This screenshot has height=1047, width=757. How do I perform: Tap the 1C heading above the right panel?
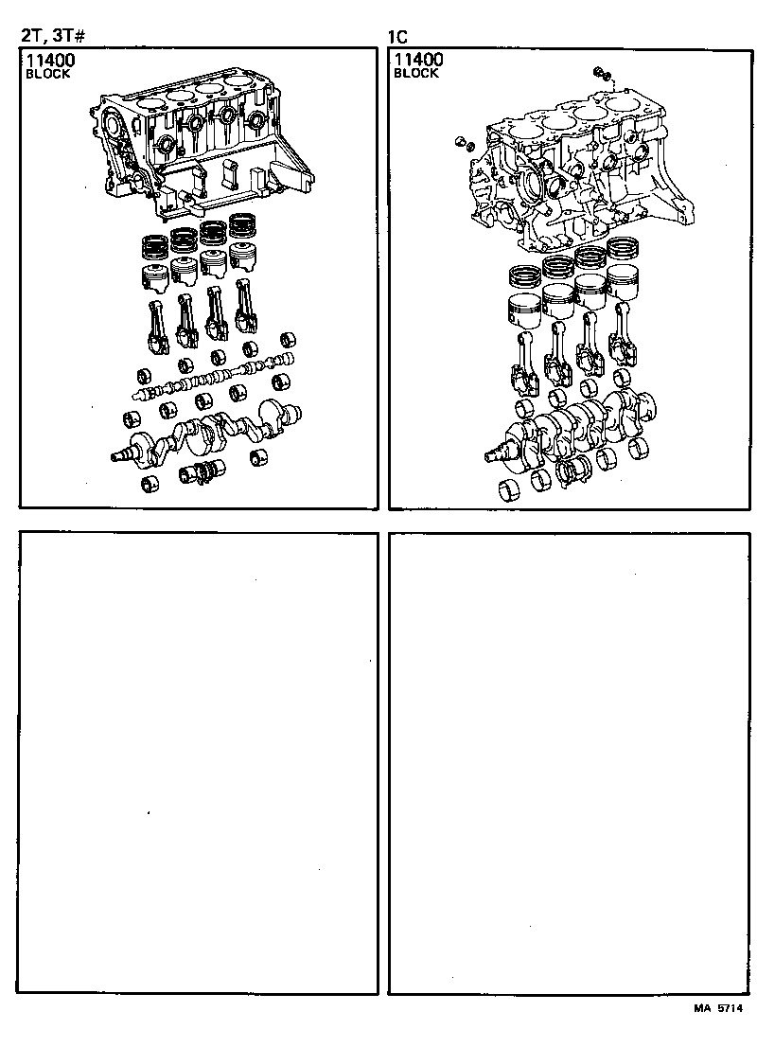[x=398, y=37]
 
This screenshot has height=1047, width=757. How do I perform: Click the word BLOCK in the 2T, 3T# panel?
[x=47, y=74]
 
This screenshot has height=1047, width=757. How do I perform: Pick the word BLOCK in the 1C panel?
[x=415, y=74]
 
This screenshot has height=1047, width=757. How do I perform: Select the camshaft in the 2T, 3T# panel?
[x=213, y=379]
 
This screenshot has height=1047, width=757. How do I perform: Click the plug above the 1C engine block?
[x=600, y=73]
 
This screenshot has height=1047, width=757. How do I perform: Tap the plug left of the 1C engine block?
[x=462, y=142]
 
